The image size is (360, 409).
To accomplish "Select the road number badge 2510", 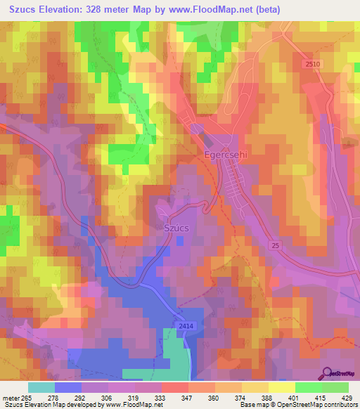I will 313,64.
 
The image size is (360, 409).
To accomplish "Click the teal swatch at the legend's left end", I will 41,387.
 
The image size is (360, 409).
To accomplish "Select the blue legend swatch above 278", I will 67,387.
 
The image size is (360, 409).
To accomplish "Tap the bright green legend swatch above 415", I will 308,387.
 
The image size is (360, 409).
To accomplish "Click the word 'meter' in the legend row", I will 12,397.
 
